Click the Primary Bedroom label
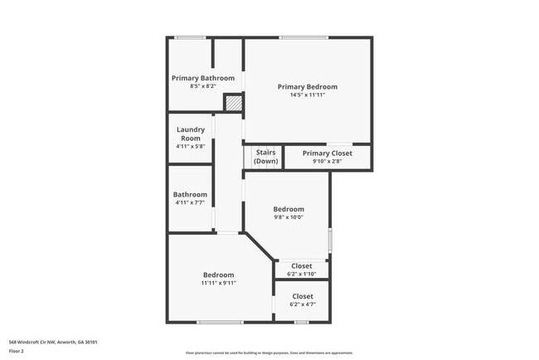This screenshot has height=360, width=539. [x=307, y=86]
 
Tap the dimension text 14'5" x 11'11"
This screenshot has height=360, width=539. [x=307, y=95]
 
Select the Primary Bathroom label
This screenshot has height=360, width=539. [x=202, y=78]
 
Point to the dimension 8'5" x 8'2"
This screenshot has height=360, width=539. [x=202, y=86]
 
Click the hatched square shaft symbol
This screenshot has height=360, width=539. [x=235, y=103]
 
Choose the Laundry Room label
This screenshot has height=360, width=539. [x=191, y=134]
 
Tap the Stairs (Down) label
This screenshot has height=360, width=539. [x=265, y=157]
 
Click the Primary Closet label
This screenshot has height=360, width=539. [x=327, y=153]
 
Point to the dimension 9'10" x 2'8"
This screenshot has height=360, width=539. [x=327, y=162]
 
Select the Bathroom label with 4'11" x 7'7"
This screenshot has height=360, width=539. [x=190, y=195]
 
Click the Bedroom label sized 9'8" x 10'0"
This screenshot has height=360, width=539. [x=289, y=209]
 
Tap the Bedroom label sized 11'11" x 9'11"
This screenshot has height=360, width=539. [x=218, y=275]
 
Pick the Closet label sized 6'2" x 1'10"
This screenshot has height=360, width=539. [x=302, y=266]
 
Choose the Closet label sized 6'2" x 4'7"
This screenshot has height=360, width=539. [x=302, y=296]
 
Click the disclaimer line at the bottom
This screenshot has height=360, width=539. [x=269, y=353]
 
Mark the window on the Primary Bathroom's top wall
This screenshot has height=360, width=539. [x=191, y=37]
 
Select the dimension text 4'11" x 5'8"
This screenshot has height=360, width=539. [x=191, y=147]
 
